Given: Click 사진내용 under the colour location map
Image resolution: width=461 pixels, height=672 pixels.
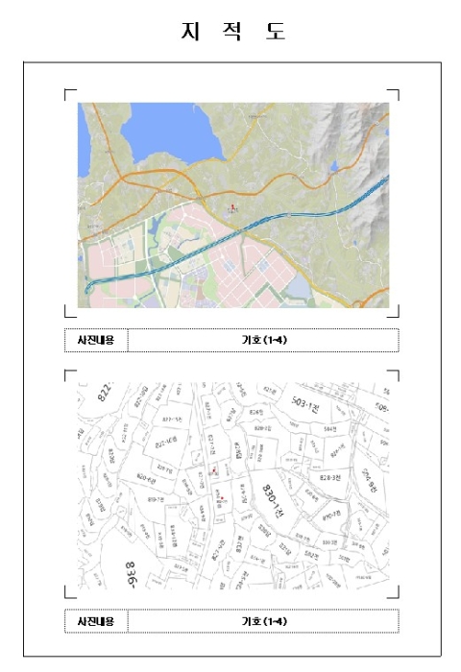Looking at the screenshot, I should point(96,340).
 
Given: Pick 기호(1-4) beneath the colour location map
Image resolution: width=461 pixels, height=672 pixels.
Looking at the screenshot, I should point(262,340).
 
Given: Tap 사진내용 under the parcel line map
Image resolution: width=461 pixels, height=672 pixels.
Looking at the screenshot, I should point(96,621).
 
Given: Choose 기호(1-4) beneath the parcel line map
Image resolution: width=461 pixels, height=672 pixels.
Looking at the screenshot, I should point(262,621).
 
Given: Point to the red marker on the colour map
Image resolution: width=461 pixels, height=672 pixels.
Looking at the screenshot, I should point(230,206).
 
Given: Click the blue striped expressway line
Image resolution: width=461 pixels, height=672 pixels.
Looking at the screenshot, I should point(288,218).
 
